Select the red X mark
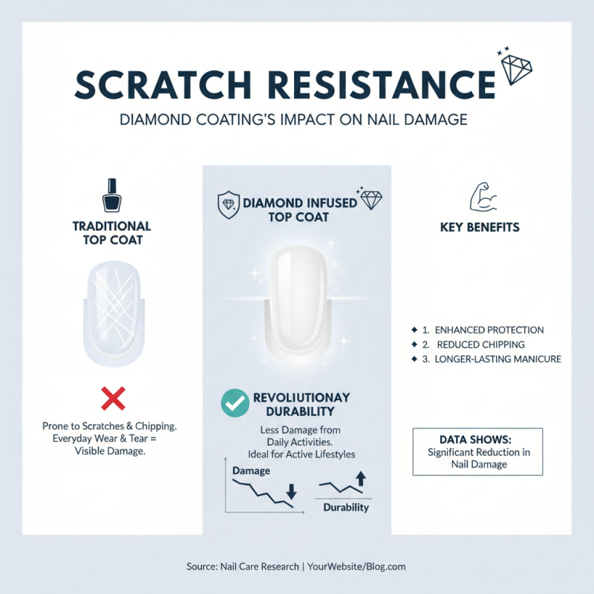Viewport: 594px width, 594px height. click(112, 399)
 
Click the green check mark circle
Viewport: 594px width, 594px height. click(235, 402)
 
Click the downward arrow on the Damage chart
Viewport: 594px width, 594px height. click(290, 491)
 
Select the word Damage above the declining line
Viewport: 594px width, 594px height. click(251, 471)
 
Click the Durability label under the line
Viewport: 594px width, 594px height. click(346, 508)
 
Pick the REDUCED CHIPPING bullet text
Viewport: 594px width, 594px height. click(480, 345)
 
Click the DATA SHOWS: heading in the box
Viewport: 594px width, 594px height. click(477, 440)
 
